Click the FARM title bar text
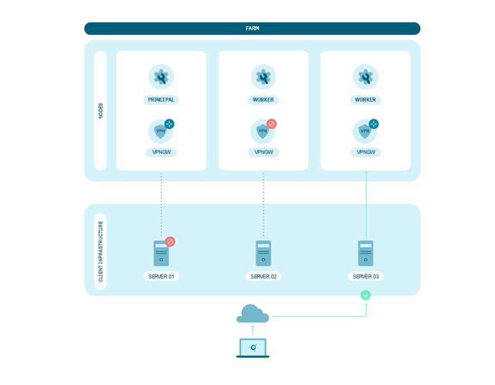click(252, 28)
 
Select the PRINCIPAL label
click(161, 100)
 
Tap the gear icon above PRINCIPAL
click(161, 77)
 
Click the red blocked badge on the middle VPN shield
click(272, 124)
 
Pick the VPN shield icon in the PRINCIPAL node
click(160, 132)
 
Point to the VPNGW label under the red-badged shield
click(263, 152)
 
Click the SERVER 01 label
click(161, 276)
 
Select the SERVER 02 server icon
click(263, 253)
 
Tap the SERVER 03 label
click(366, 276)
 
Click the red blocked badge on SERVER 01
click(170, 242)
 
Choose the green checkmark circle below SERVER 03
click(366, 295)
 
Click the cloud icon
click(252, 314)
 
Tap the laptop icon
click(253, 348)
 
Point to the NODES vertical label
click(100, 110)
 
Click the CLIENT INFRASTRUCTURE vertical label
click(100, 251)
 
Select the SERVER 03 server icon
click(366, 253)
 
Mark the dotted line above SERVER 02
click(263, 204)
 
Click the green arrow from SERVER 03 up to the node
click(366, 204)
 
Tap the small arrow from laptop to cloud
click(253, 330)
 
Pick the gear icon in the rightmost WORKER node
click(366, 77)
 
